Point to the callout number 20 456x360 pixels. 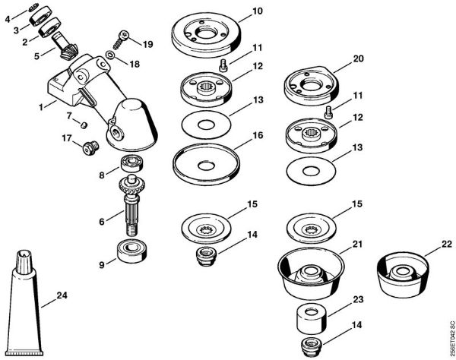pyautogui.click(x=359, y=58)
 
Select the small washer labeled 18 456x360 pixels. pyautogui.click(x=110, y=56)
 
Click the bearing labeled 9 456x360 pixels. pyautogui.click(x=131, y=251)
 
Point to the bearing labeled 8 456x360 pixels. pyautogui.click(x=132, y=164)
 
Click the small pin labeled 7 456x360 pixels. pyautogui.click(x=87, y=124)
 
